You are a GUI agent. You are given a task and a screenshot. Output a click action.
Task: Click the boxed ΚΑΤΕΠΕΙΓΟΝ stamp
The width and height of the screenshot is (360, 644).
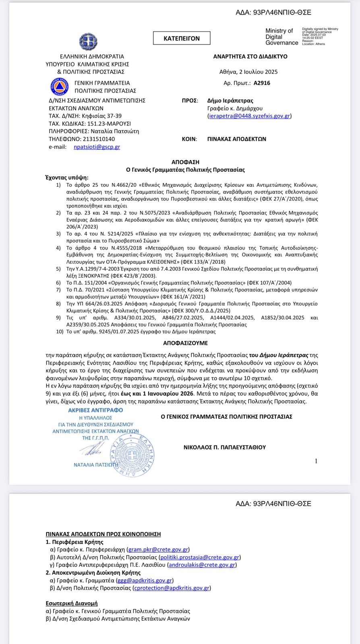(x=182, y=38)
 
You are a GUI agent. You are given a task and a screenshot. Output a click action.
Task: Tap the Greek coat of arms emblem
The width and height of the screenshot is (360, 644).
(x=88, y=42)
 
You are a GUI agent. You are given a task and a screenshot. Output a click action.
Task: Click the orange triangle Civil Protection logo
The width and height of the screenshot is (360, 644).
(x=60, y=87)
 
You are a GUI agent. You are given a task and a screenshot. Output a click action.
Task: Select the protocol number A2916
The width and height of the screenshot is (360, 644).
(x=262, y=83)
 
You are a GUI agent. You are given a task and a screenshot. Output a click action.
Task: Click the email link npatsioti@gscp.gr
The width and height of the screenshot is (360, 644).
(x=97, y=147)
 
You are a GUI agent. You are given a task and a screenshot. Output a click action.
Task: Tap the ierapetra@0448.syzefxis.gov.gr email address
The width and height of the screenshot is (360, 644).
(x=250, y=116)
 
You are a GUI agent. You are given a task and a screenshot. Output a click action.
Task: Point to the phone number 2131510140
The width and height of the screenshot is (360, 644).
(x=99, y=139)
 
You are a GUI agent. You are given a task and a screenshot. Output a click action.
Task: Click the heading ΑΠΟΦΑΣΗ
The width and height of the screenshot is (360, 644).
(x=185, y=162)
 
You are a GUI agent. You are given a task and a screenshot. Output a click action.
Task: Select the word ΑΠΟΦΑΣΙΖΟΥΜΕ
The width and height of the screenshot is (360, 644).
(x=185, y=343)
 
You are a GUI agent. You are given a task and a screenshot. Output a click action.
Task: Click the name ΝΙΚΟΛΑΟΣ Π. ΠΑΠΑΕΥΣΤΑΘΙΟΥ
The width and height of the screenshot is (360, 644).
(x=225, y=447)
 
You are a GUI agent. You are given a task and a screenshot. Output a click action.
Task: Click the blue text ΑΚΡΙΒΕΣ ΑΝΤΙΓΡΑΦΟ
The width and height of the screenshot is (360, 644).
(x=95, y=410)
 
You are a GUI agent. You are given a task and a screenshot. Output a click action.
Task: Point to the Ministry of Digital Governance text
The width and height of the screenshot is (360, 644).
(x=281, y=37)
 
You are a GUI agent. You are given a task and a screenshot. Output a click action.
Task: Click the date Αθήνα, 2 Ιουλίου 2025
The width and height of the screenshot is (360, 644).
(x=248, y=72)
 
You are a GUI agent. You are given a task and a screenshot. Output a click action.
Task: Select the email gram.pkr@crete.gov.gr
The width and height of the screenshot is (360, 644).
(x=158, y=549)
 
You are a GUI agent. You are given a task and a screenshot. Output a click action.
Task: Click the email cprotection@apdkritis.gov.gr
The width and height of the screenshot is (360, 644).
(x=172, y=588)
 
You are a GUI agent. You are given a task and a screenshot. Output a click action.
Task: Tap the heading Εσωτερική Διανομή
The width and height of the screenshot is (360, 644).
(x=72, y=603)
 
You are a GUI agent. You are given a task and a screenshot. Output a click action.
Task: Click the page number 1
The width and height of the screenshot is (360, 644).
(x=316, y=461)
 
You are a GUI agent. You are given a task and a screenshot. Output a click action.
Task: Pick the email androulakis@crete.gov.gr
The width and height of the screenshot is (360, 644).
(x=202, y=565)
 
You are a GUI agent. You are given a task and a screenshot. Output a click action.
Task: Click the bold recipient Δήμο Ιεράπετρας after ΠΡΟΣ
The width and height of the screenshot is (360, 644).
(x=230, y=101)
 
